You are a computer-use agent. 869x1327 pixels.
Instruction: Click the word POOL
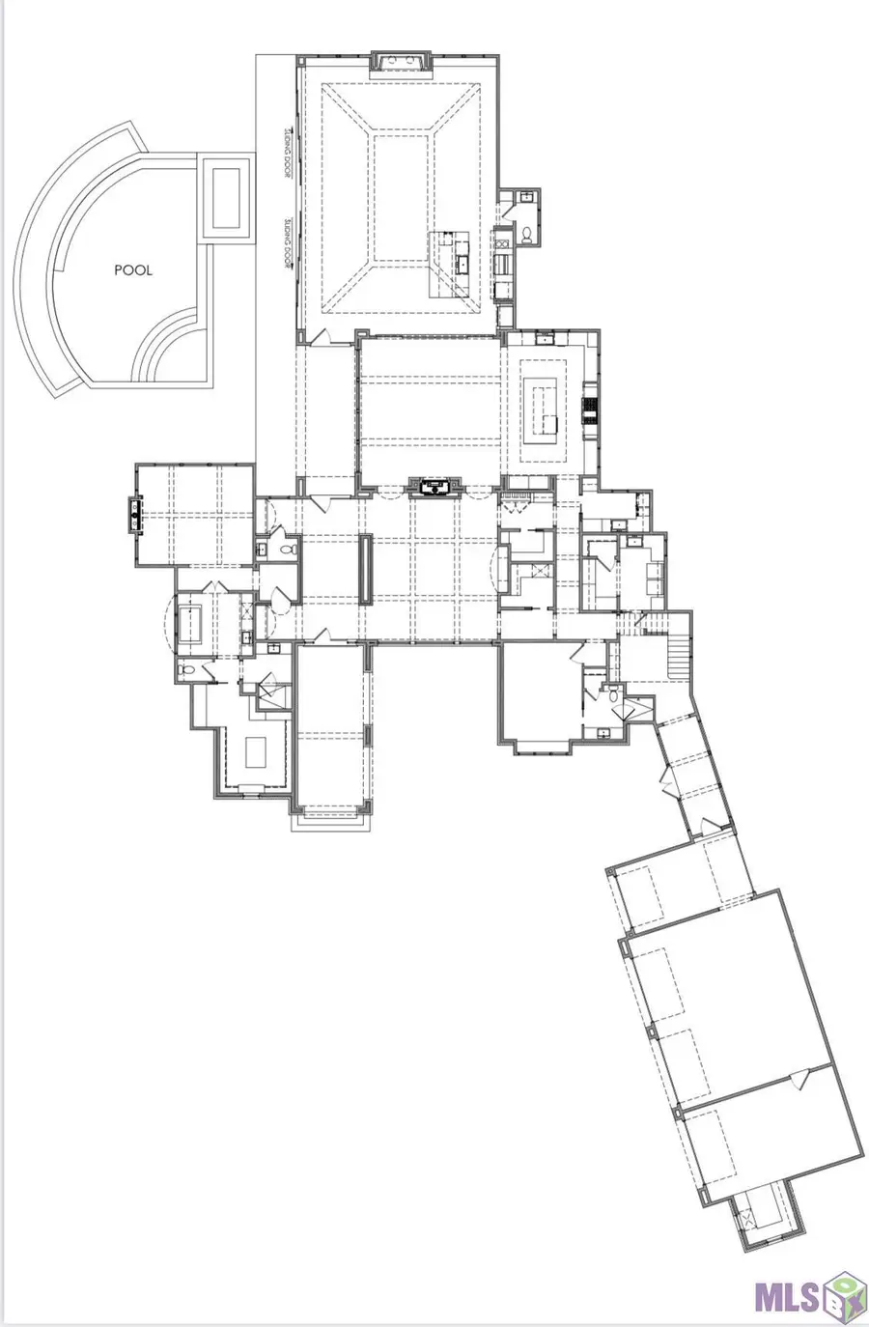133,270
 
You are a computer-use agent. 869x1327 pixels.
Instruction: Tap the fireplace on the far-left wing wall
135,515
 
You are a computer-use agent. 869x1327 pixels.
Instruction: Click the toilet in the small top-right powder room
527,234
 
